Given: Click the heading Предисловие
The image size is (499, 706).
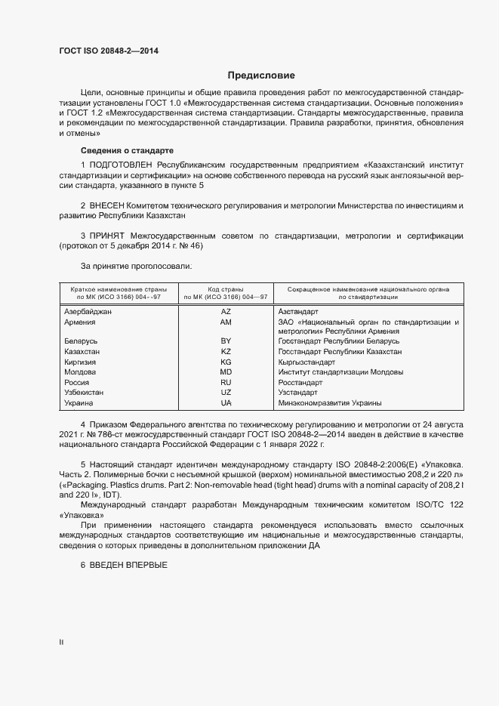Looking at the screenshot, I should click(261, 76).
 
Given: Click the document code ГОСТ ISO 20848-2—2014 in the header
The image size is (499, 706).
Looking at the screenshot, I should click(109, 51).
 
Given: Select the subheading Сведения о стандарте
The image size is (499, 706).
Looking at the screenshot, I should click(127, 150).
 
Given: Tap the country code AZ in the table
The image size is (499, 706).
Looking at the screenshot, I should click(226, 311).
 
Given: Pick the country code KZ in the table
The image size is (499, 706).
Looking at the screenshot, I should click(226, 352).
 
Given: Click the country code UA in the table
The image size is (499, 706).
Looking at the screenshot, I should click(226, 402).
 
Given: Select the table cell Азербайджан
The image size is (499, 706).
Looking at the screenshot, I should click(88, 311).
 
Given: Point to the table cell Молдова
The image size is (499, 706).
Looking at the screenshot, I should click(80, 372).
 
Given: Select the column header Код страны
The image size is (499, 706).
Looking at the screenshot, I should click(226, 289).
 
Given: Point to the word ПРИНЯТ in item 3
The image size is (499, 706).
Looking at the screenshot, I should click(110, 236).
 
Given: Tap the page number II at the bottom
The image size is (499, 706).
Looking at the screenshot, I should click(61, 643).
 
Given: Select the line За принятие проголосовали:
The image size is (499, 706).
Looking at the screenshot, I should click(136, 267).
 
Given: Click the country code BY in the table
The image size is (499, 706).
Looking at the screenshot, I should click(226, 341).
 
